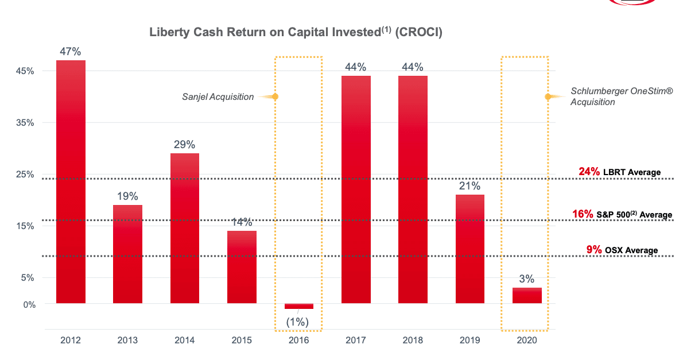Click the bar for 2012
pos(71,181)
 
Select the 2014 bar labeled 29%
pos(185,228)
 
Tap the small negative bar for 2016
pos(299,306)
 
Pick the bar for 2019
pos(469,249)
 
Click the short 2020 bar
pos(527,295)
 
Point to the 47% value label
pos(71,52)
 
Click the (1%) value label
pos(298,322)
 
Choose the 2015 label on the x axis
pos(242,340)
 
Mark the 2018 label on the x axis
pos(413,340)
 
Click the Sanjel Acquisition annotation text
pos(218,97)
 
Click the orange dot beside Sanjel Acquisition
pos(275,96)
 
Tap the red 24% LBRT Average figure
pos(589,172)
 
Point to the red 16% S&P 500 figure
pos(583,214)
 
